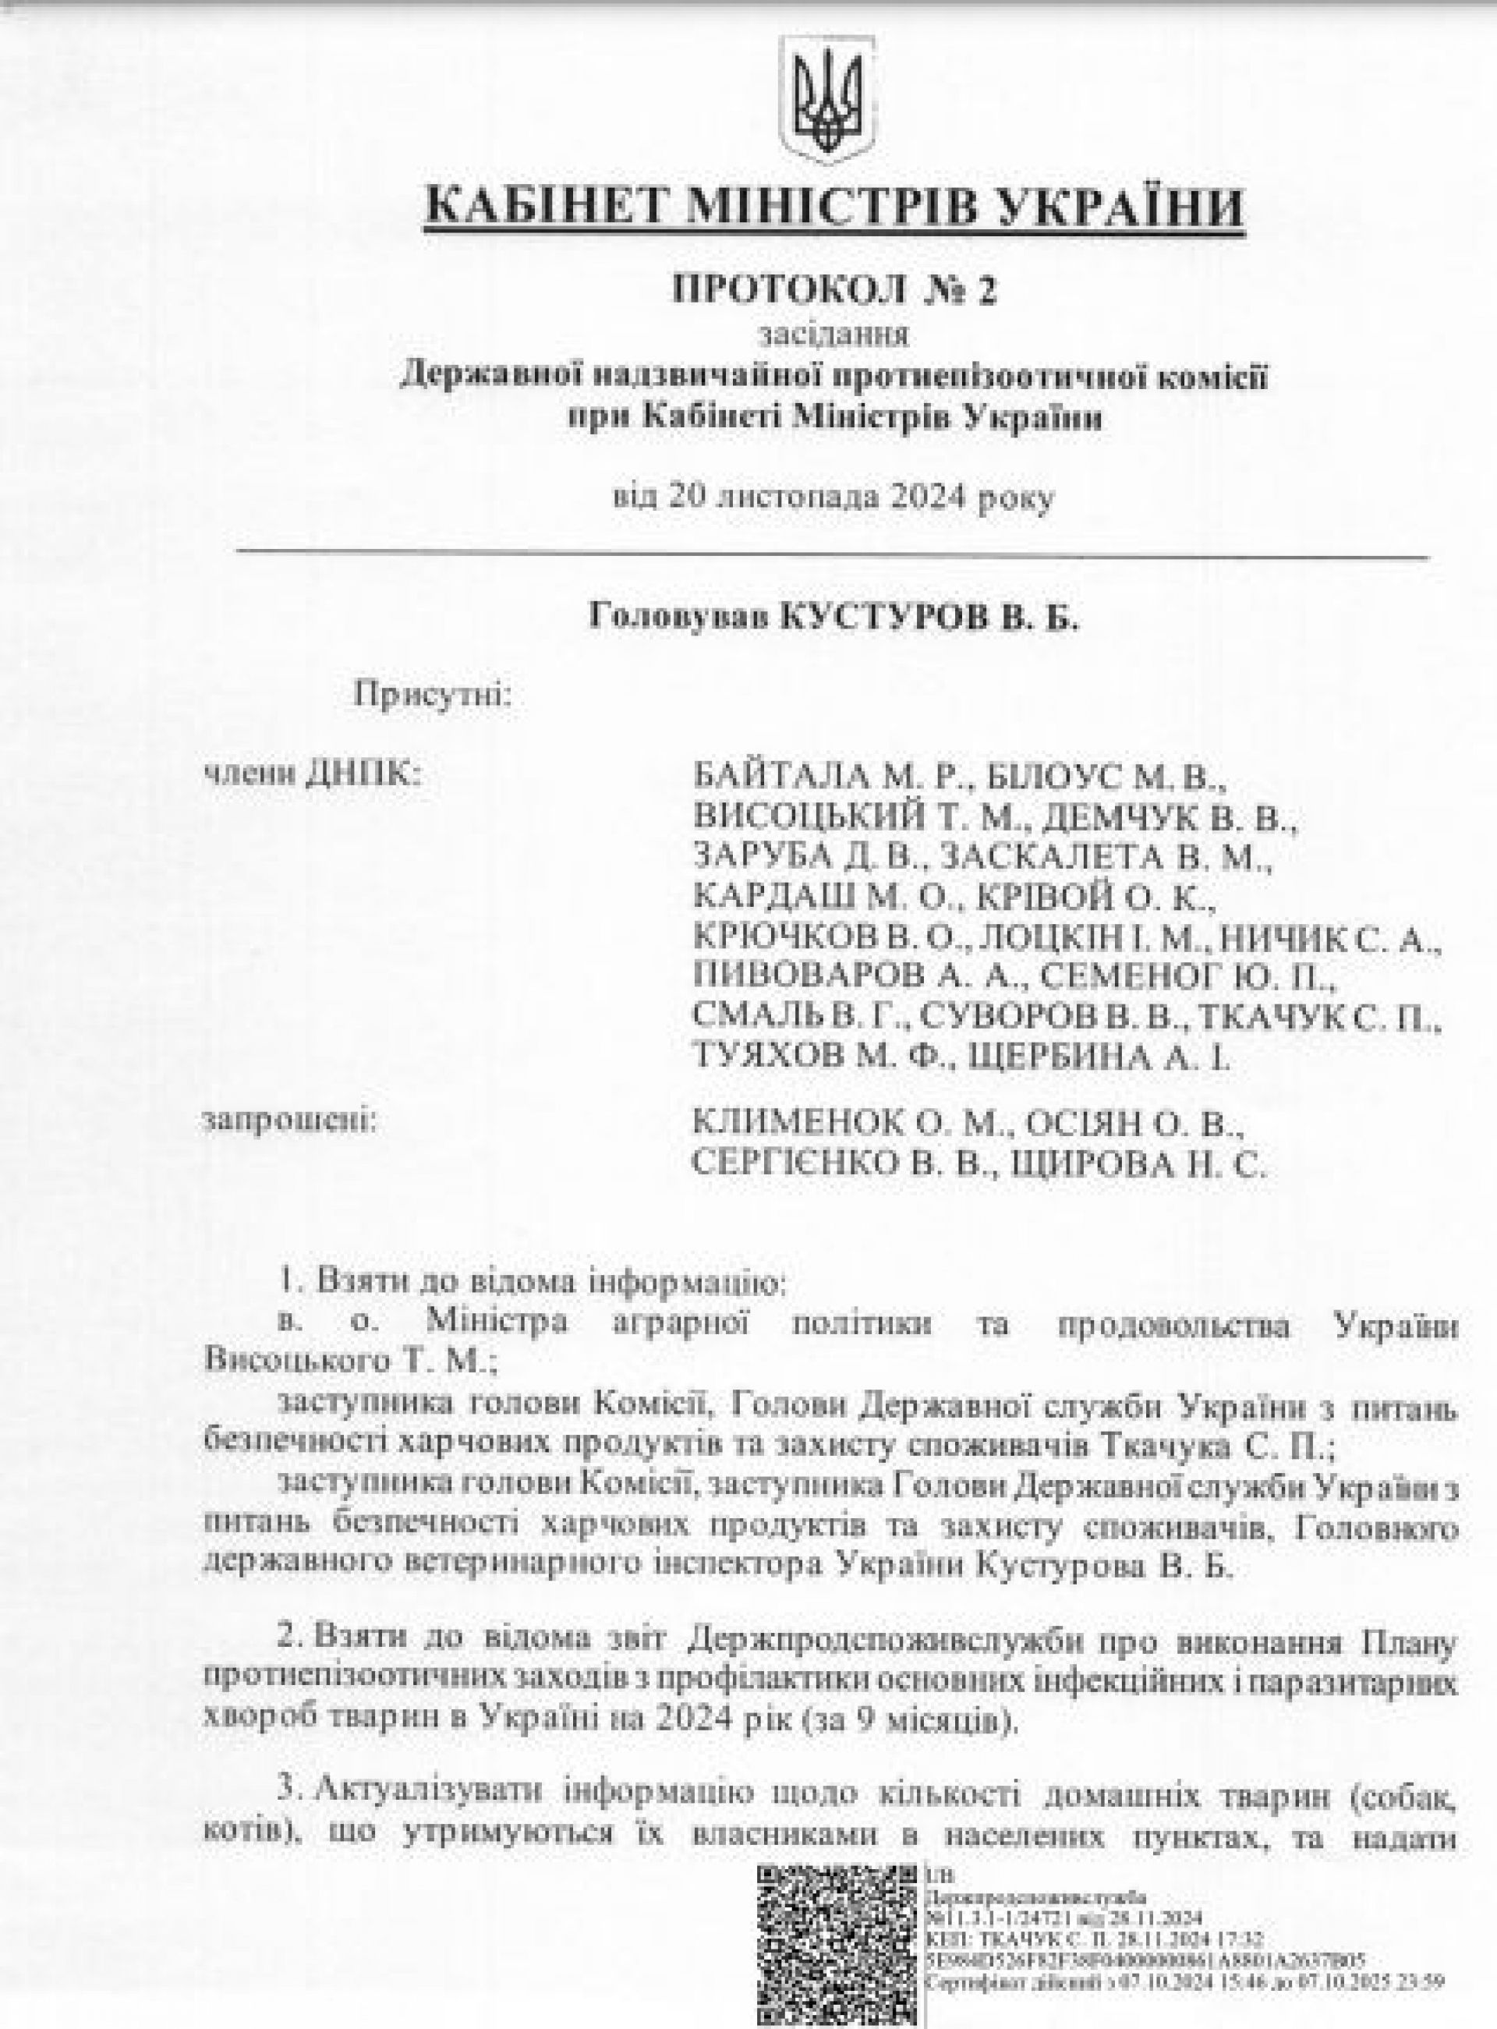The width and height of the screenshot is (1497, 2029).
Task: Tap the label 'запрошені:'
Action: point(291,1122)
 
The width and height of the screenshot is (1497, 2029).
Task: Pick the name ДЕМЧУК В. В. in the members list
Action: point(1169,821)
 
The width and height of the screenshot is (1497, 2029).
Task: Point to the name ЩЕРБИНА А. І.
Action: point(1100,1057)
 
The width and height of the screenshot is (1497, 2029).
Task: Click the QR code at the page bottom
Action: point(837,1949)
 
